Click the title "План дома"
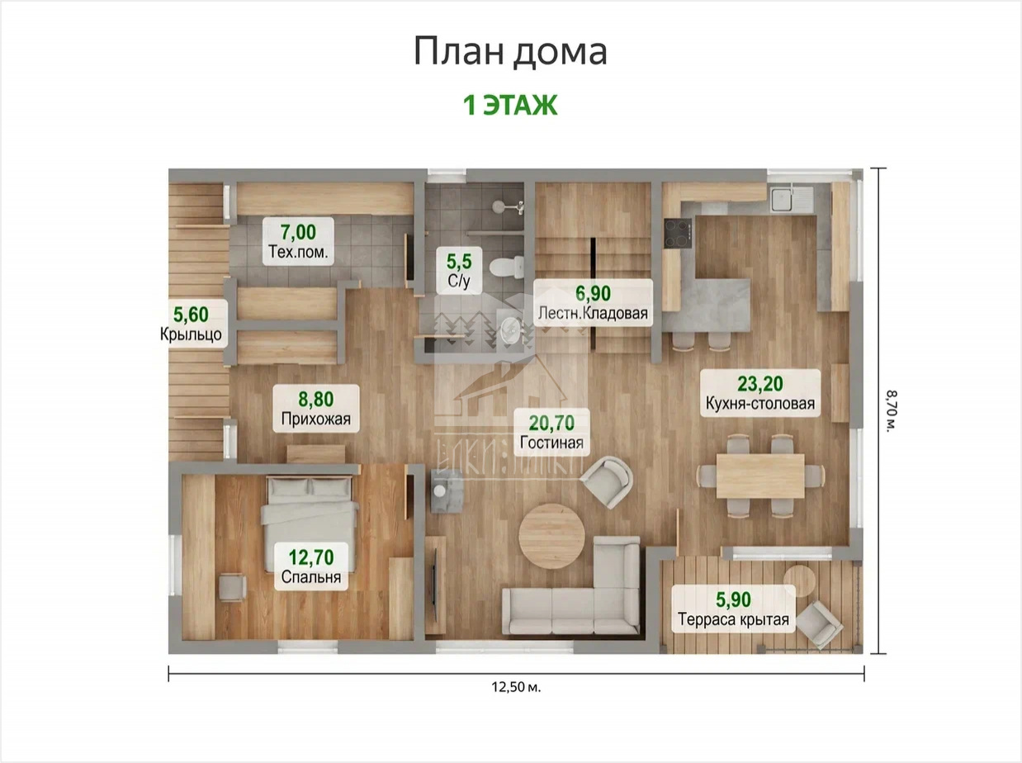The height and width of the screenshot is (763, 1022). [510, 51]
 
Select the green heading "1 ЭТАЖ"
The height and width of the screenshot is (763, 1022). [510, 105]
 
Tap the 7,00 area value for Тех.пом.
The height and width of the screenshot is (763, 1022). [298, 232]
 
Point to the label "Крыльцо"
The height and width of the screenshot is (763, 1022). [191, 334]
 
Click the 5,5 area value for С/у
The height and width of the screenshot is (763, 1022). [459, 262]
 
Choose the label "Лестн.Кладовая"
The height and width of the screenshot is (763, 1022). [593, 313]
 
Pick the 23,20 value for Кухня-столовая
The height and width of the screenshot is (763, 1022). [760, 384]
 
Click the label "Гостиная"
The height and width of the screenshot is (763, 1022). [551, 443]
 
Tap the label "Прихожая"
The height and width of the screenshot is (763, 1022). [315, 419]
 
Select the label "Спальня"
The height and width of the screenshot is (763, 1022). [311, 577]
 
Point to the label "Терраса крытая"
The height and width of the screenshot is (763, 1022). [733, 619]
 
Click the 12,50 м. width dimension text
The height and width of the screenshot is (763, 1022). [516, 687]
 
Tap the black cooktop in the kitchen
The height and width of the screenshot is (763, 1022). [678, 234]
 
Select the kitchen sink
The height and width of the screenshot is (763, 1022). [783, 198]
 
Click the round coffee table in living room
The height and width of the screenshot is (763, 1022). [551, 537]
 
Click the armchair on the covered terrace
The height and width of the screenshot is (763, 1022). [819, 624]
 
